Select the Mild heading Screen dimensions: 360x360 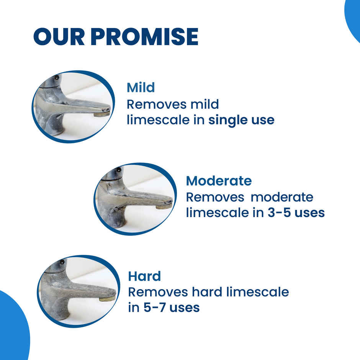[x=141, y=88]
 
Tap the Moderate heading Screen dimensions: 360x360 [x=219, y=180]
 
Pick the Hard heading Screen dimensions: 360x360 [x=144, y=276]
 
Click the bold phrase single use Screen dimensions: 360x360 [x=241, y=120]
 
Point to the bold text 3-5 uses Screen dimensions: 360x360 [x=296, y=213]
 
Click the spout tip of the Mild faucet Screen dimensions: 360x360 [x=102, y=113]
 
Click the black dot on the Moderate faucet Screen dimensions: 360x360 [x=118, y=170]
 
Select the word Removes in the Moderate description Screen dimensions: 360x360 [x=215, y=197]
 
